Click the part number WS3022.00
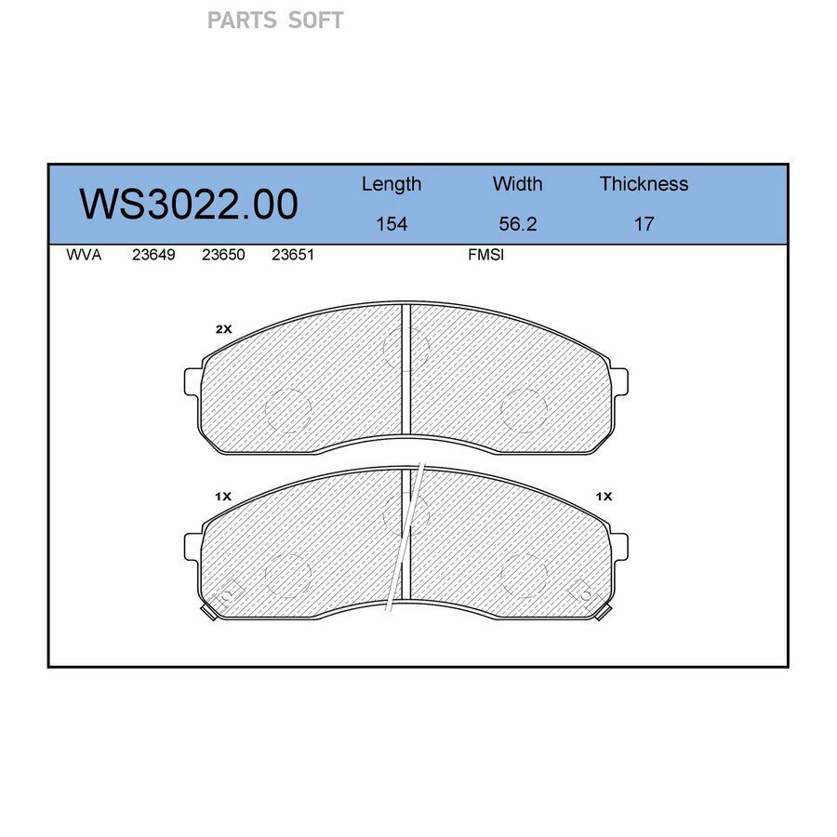click(x=189, y=204)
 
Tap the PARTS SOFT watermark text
click(x=275, y=20)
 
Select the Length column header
click(x=392, y=184)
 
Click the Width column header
click(x=517, y=183)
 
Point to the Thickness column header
click(x=644, y=183)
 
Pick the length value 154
click(x=392, y=223)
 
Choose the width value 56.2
click(x=517, y=223)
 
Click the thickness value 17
click(x=644, y=223)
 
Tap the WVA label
click(x=84, y=255)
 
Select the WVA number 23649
click(x=153, y=255)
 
